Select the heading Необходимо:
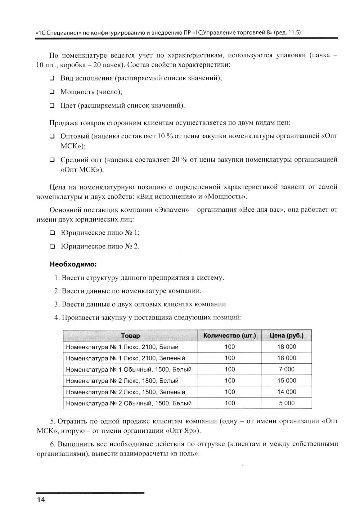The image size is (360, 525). (73, 264)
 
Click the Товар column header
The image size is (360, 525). (130, 336)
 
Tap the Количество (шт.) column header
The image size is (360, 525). (229, 336)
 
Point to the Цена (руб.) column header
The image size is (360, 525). (287, 336)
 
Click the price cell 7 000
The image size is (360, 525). (287, 369)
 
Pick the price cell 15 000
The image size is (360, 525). (287, 381)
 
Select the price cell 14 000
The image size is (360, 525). (287, 392)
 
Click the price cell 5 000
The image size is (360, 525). (287, 403)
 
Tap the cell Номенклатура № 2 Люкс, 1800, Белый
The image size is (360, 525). (122, 381)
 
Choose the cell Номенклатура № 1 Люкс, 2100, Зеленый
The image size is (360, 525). (126, 358)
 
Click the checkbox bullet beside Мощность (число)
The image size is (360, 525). (52, 92)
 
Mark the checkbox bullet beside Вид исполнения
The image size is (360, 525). (52, 78)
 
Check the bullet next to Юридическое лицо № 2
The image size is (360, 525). (52, 247)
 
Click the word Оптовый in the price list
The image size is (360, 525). (75, 136)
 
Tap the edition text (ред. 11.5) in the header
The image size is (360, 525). (287, 32)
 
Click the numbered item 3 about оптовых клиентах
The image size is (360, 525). (141, 304)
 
